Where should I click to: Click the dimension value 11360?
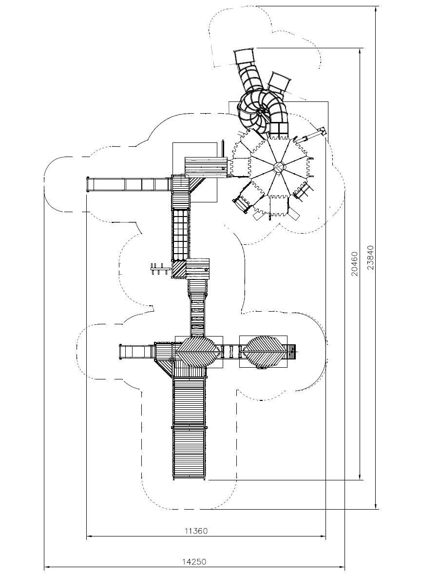pos(196,531)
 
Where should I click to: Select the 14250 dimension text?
pos(194,561)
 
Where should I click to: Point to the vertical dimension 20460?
pos(355,264)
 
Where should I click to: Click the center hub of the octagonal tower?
pos(279,167)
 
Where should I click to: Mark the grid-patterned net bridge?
pos(180,234)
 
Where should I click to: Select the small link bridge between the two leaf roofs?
pos(230,350)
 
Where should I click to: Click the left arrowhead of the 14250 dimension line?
pos(46,567)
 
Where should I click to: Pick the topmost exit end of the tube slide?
pos(244,57)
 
